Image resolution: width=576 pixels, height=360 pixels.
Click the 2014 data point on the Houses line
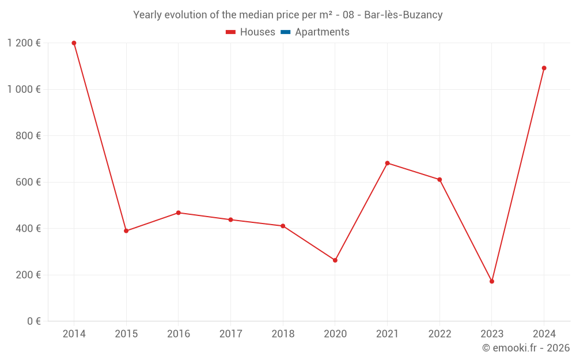[74, 43]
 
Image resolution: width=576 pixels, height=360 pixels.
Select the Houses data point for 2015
[126, 231]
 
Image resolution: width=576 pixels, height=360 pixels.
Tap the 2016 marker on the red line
[179, 213]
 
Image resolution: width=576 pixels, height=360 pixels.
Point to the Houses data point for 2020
[335, 260]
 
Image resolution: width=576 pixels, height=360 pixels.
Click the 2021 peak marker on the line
[388, 163]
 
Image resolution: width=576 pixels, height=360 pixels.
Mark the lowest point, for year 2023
[492, 281]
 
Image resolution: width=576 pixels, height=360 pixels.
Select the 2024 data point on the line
[544, 68]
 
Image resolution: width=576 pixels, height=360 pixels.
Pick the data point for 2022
[439, 180]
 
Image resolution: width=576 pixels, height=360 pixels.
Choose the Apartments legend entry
[322, 32]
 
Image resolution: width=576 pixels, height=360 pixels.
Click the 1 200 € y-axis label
[24, 43]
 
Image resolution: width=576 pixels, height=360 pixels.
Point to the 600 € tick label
[28, 182]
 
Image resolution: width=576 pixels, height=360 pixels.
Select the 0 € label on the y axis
[33, 321]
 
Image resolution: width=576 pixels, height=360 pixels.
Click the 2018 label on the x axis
[283, 334]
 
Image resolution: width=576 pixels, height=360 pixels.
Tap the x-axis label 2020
[335, 334]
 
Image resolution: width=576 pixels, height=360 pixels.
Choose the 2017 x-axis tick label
[230, 334]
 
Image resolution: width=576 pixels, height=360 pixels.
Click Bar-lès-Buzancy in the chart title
[403, 15]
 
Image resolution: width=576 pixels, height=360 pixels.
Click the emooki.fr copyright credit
[526, 348]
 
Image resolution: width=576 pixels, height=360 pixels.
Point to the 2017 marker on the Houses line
[230, 219]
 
